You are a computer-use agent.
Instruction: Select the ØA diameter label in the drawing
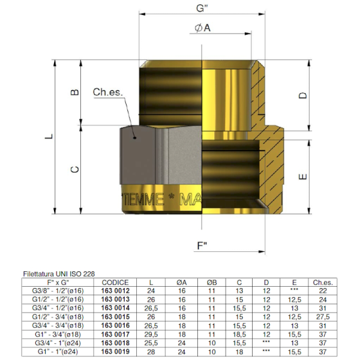point(202,28)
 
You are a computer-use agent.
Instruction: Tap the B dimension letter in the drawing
point(75,93)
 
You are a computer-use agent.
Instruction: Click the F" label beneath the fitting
point(203,246)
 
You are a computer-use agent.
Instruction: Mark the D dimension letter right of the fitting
point(304,95)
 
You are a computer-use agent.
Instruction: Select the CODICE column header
point(116,282)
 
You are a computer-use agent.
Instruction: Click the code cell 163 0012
point(116,291)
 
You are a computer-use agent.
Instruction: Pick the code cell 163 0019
point(116,352)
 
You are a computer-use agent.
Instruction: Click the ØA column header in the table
point(183,282)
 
